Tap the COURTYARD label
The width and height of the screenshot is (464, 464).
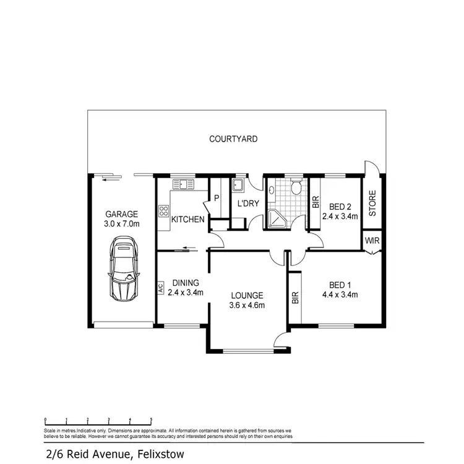(233, 139)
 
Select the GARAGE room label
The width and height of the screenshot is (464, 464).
(121, 214)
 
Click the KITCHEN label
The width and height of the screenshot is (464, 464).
(188, 219)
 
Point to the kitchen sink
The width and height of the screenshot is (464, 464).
(183, 184)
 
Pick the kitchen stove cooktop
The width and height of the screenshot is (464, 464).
(164, 212)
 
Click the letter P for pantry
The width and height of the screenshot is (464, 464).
(217, 199)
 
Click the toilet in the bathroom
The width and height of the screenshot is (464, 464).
(296, 186)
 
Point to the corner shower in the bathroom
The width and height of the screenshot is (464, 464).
(275, 218)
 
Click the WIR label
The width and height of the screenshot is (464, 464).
(372, 241)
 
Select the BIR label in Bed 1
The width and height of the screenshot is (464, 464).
(295, 299)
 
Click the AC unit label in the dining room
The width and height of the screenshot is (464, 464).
(160, 288)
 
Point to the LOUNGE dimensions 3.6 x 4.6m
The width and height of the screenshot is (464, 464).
(247, 305)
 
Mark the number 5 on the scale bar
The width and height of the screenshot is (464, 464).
(151, 420)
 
